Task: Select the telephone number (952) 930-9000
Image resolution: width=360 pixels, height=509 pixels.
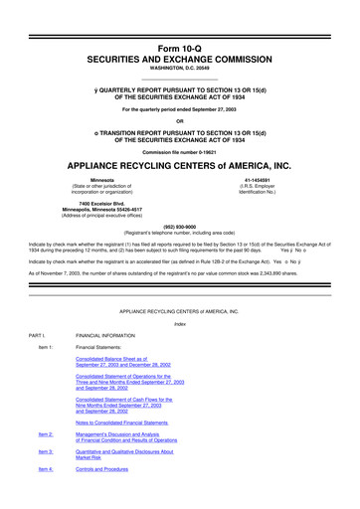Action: coord(179,225)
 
